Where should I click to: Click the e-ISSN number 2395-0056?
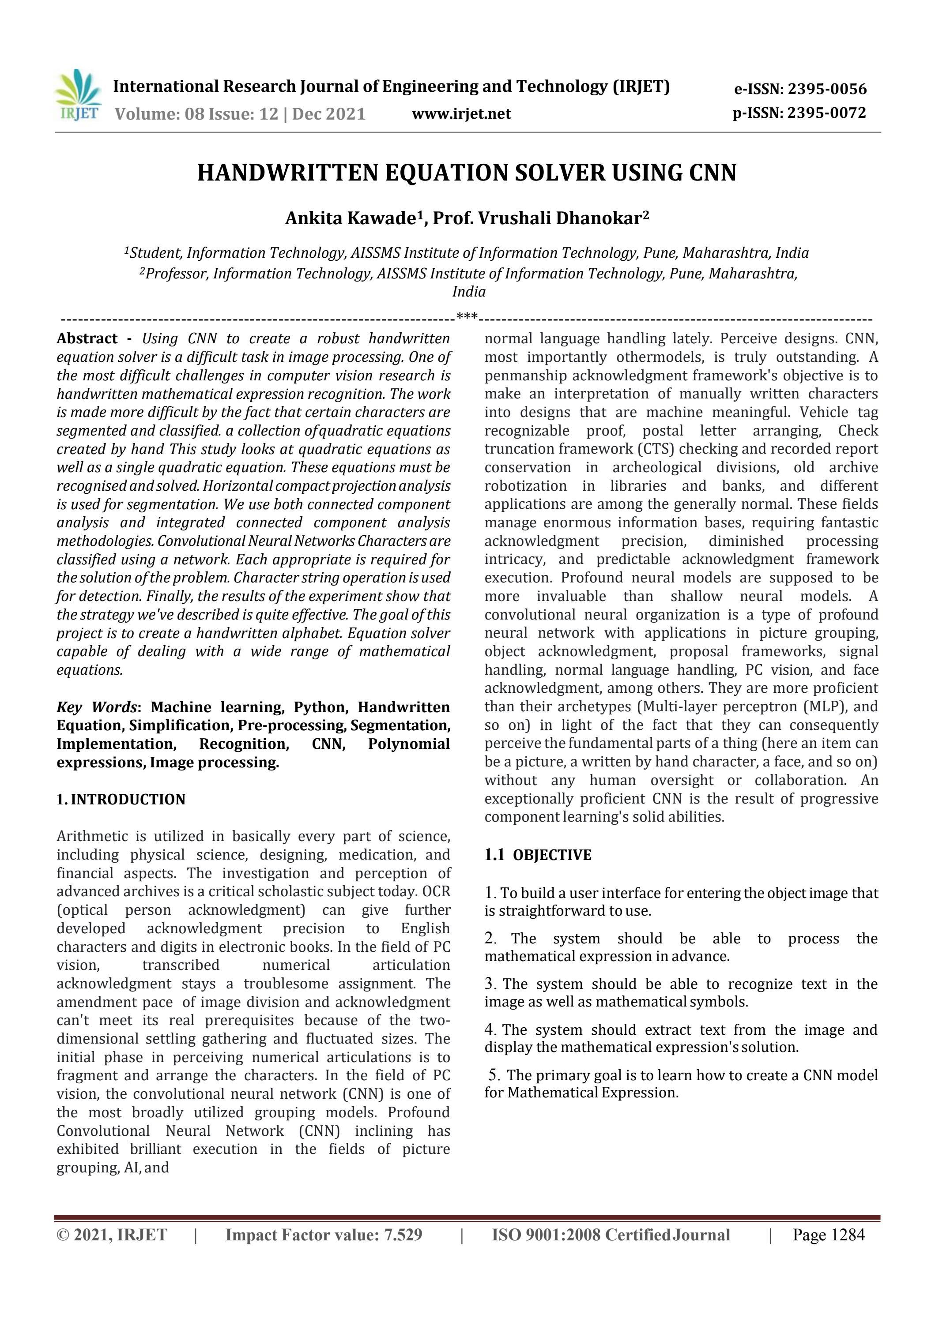pos(827,89)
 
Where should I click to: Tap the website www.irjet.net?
pos(461,114)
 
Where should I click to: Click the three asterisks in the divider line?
pos(467,317)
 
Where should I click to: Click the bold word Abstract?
pos(87,338)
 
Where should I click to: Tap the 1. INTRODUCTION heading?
pos(121,800)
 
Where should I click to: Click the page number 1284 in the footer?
pos(845,1235)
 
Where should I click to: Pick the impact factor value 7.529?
pos(403,1235)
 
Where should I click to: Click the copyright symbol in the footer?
pos(62,1236)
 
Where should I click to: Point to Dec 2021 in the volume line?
pos(328,114)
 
